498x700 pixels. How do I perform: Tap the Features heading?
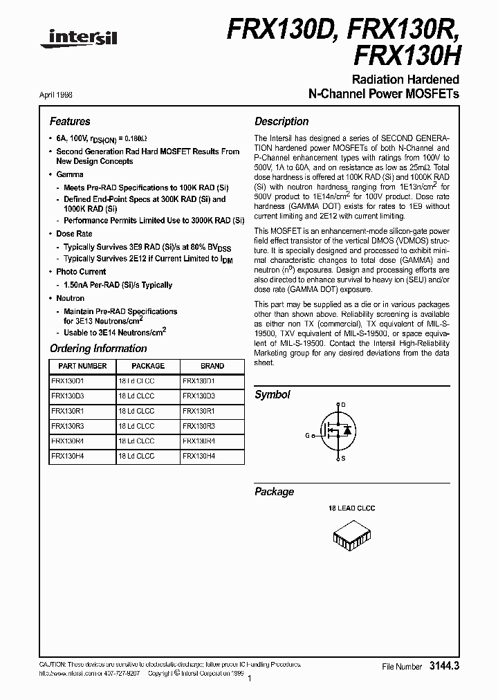pyautogui.click(x=70, y=121)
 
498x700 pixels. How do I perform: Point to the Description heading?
pyautogui.click(x=282, y=121)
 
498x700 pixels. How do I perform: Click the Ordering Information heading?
pyautogui.click(x=98, y=349)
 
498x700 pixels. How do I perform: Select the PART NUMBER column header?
pyautogui.click(x=82, y=366)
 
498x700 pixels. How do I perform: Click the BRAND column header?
pyautogui.click(x=212, y=366)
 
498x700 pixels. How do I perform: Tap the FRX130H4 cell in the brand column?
pyautogui.click(x=199, y=457)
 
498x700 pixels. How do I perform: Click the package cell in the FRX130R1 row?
pyautogui.click(x=136, y=411)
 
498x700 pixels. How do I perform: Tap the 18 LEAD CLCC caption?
pyautogui.click(x=351, y=508)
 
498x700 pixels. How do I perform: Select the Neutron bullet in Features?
pyautogui.click(x=70, y=298)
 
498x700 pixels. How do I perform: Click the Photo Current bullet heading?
pyautogui.click(x=81, y=272)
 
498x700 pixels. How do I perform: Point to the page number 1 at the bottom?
pyautogui.click(x=248, y=679)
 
